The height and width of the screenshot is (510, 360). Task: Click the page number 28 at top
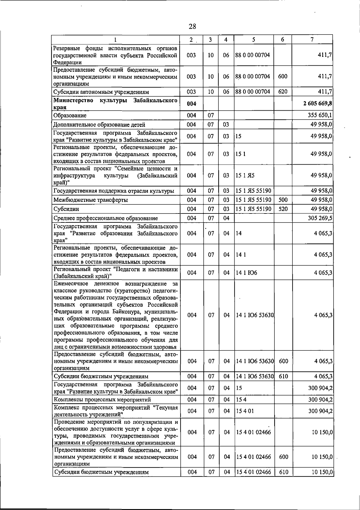click(x=192, y=26)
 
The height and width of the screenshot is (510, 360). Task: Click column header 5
click(x=253, y=40)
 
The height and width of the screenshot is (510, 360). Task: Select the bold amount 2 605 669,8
click(x=318, y=103)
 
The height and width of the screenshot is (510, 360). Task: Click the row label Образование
click(x=70, y=115)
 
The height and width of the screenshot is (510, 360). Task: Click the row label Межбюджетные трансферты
click(x=91, y=200)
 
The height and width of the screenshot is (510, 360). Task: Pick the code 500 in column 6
click(x=283, y=200)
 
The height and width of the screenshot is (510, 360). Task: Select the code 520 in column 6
click(x=283, y=209)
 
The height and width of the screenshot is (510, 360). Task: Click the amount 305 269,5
click(x=320, y=218)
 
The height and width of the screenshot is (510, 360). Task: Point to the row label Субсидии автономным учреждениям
click(x=101, y=92)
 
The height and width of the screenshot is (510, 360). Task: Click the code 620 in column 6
click(x=283, y=91)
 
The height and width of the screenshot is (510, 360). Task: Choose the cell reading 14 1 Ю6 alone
click(x=246, y=273)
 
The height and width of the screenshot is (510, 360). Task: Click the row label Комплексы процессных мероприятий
click(x=102, y=400)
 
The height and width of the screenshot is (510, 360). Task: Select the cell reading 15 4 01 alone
click(x=245, y=411)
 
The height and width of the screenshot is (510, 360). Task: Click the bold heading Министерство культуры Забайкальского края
click(x=115, y=103)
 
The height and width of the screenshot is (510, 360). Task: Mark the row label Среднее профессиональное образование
click(x=106, y=218)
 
